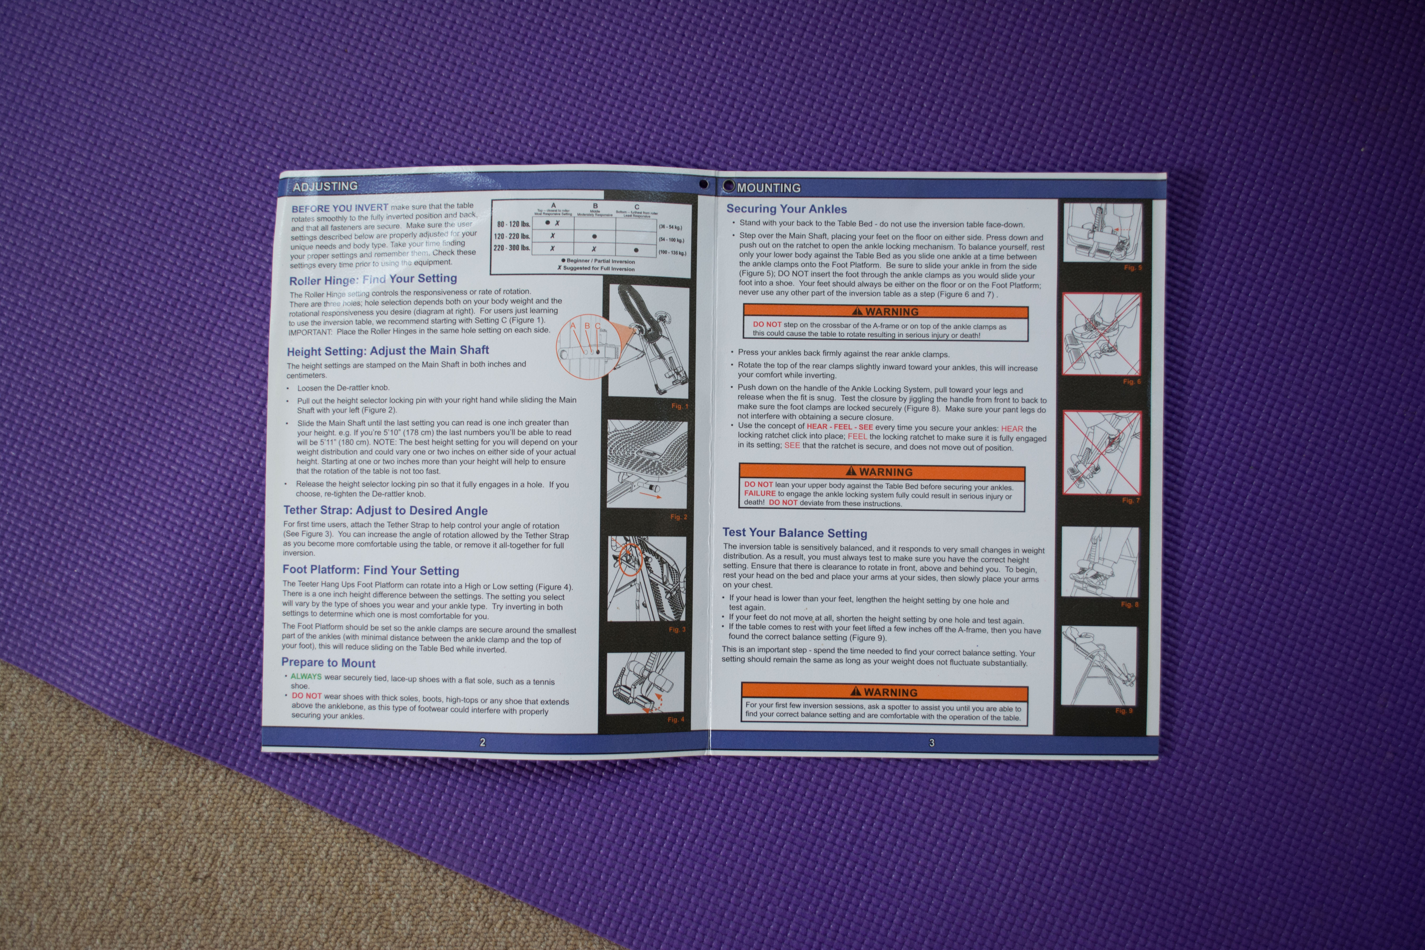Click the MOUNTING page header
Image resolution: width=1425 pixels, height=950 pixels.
[768, 188]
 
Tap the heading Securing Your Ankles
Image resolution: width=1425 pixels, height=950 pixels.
[786, 209]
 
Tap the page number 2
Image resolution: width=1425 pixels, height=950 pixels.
[482, 742]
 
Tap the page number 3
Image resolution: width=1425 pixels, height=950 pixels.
[931, 743]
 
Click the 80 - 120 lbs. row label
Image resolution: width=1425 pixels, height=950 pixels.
[513, 224]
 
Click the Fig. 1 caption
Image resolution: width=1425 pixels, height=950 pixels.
[679, 406]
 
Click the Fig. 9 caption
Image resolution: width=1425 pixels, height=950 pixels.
[1123, 711]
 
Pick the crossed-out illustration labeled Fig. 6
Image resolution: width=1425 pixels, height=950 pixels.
[1102, 334]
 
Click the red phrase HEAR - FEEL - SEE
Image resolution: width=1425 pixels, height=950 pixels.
[839, 427]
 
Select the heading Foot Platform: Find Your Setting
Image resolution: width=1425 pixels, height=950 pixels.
[370, 570]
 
